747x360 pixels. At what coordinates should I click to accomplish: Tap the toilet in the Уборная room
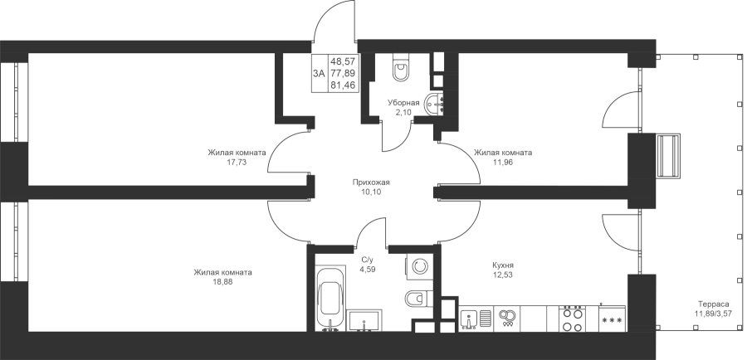tap(401, 70)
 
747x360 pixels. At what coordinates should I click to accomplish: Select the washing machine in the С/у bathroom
tap(419, 266)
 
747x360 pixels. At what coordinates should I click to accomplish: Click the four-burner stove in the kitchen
tap(572, 318)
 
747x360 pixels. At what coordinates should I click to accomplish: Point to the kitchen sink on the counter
tap(475, 319)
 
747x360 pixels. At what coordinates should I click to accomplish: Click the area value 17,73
tap(237, 162)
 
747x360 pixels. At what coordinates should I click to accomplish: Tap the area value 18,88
tap(223, 282)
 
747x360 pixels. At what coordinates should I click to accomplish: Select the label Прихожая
tap(371, 182)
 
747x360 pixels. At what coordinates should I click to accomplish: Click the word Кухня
tap(503, 265)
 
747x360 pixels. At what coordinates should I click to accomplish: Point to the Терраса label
tap(712, 304)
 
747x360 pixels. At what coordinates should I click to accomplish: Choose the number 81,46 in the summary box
tap(345, 85)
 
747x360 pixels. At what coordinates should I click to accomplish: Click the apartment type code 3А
tap(319, 73)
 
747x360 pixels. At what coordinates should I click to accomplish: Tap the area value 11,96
tap(503, 162)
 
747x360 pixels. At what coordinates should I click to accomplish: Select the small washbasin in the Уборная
tap(435, 105)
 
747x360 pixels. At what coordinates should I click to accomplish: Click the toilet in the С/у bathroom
tap(417, 299)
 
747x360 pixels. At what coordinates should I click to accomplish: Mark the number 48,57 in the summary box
tap(345, 61)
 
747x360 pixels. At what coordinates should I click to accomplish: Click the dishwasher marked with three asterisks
tap(612, 319)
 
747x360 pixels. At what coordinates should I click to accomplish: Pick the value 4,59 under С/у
tap(368, 269)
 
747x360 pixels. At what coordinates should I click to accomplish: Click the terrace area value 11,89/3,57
tap(712, 314)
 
